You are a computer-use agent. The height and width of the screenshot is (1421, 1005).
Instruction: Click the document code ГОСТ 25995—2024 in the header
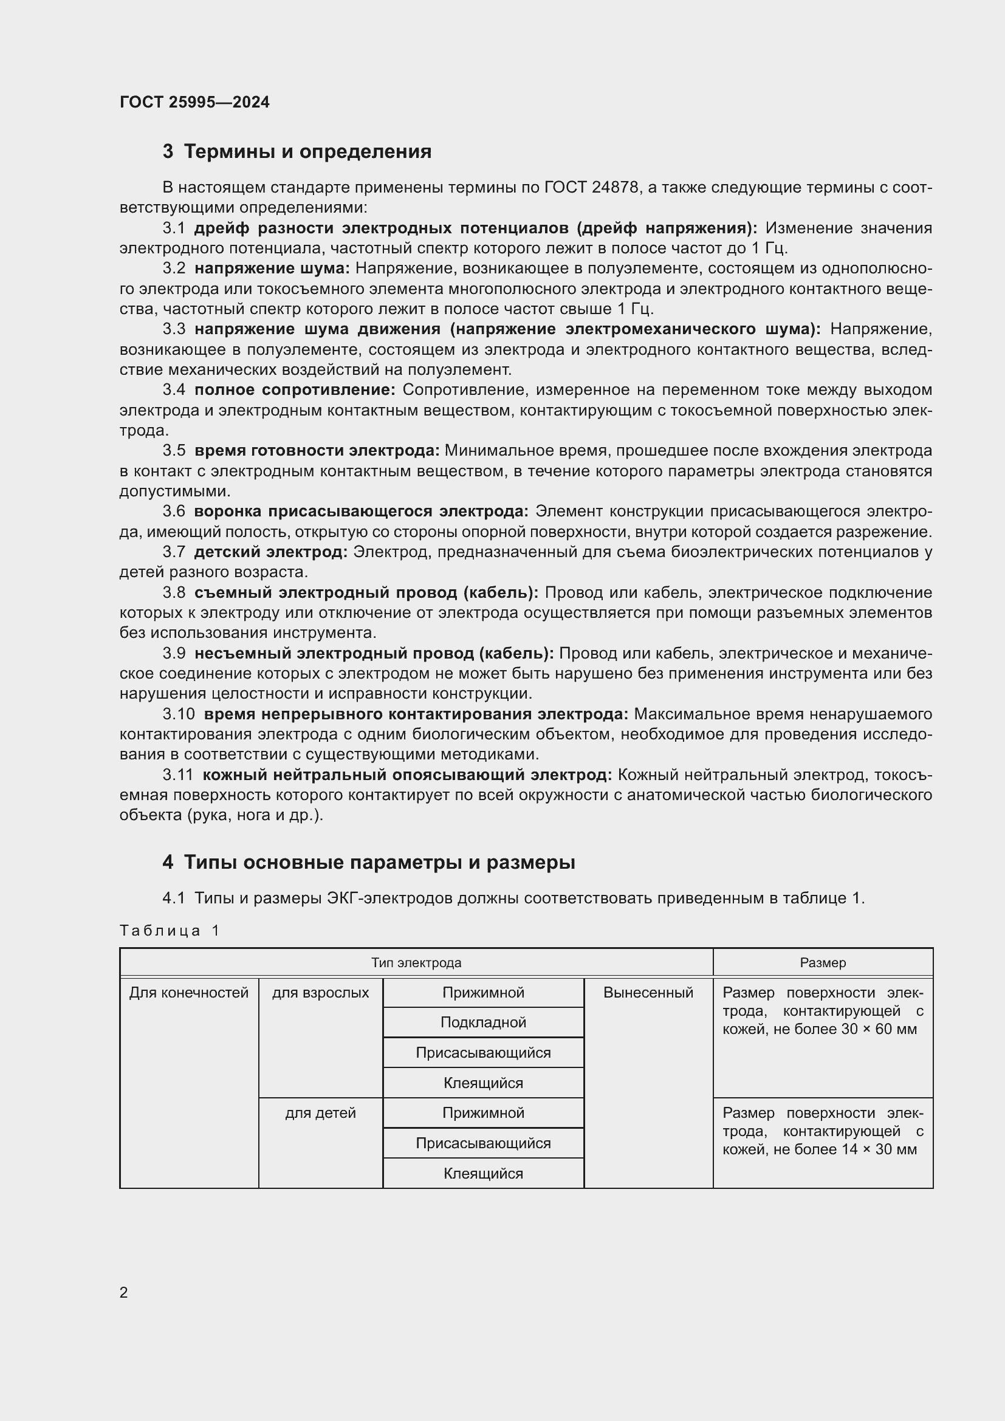pos(194,102)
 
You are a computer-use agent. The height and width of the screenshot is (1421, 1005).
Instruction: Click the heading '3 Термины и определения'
pos(297,152)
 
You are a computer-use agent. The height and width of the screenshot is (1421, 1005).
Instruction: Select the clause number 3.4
pos(174,390)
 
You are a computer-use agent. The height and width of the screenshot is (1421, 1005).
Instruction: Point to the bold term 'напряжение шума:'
pos(272,268)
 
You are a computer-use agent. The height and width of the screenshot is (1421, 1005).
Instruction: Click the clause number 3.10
pos(178,714)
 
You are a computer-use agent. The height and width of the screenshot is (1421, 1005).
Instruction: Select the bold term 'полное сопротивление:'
pos(295,390)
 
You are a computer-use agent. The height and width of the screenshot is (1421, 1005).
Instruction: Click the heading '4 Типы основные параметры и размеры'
pos(369,862)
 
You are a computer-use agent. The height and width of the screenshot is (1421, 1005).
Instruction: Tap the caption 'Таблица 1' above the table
pos(170,930)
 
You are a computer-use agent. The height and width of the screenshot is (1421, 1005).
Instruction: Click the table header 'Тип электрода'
pos(416,963)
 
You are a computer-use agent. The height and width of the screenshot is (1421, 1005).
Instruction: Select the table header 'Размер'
pos(823,963)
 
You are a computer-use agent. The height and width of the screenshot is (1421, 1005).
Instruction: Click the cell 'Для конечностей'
pos(189,993)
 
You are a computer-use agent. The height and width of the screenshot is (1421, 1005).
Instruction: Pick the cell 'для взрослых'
pos(321,993)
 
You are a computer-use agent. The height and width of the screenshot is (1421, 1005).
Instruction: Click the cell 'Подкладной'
pos(483,1022)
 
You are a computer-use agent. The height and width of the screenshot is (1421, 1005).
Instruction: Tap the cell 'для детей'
pos(321,1113)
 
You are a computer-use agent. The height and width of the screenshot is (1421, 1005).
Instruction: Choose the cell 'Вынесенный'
pos(648,993)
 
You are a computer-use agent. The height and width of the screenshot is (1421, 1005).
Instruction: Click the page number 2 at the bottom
pos(124,1292)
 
